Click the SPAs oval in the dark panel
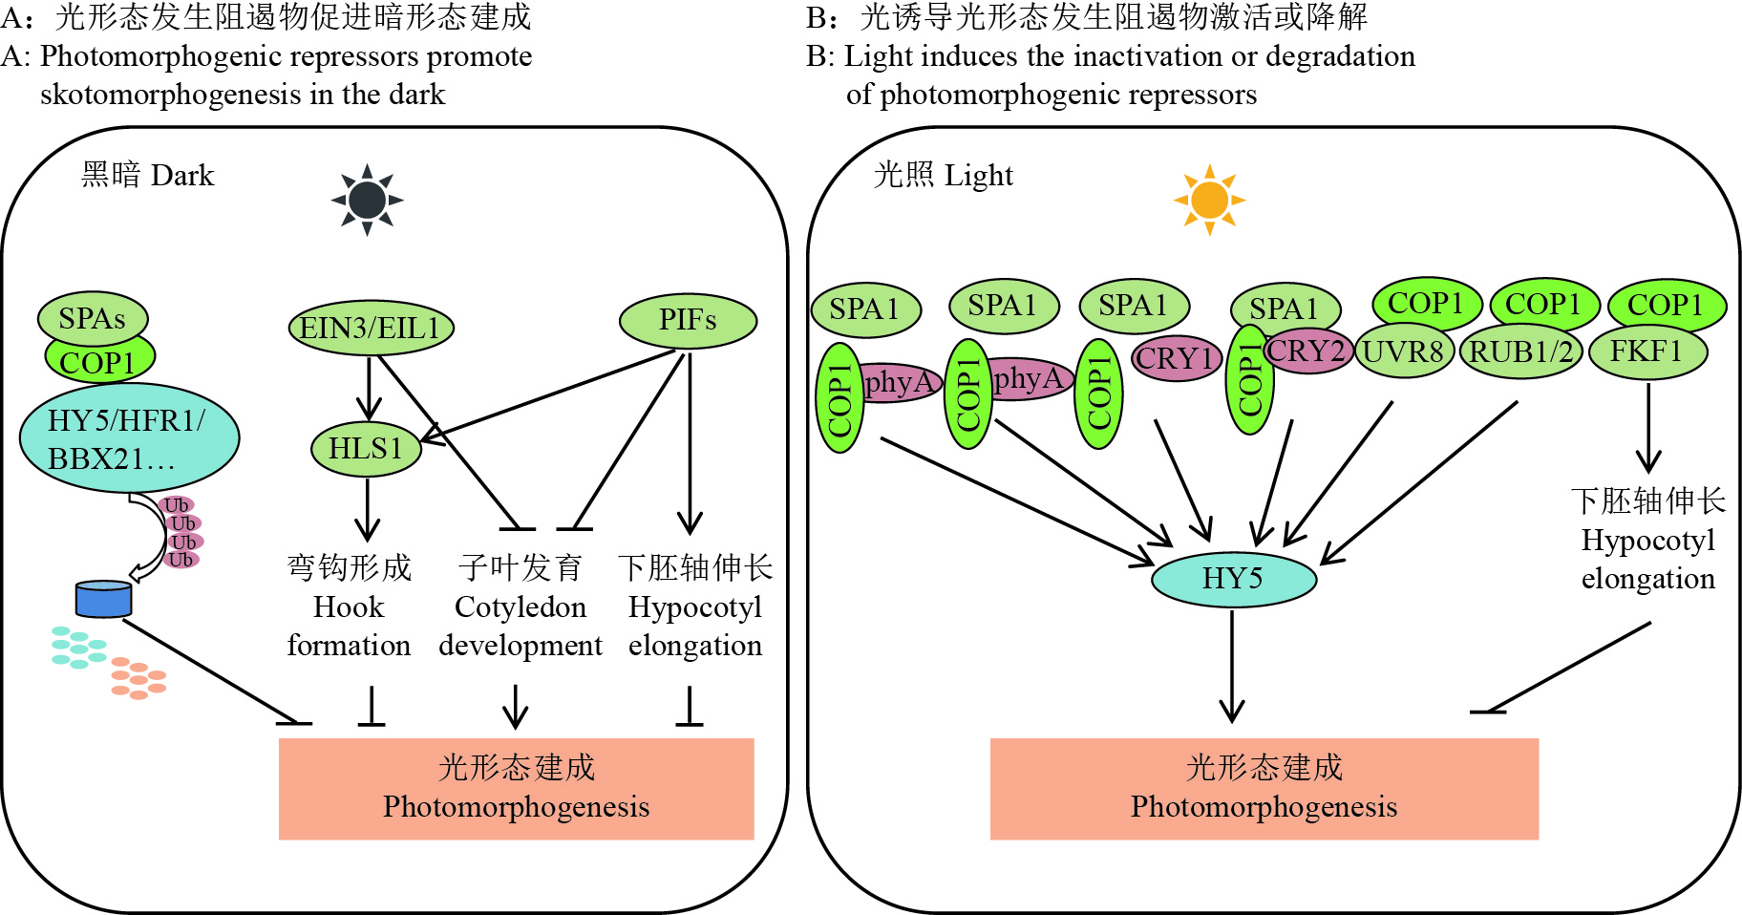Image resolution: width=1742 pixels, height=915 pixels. point(93,318)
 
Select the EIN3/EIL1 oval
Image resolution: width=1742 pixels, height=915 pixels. point(371,328)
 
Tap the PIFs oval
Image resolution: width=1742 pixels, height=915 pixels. point(688,320)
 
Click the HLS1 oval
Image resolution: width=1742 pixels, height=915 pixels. point(366,448)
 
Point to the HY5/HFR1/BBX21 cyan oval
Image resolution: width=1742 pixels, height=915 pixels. point(129,439)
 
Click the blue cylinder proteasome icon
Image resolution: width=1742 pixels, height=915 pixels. point(103,599)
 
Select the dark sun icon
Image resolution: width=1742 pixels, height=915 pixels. point(368,200)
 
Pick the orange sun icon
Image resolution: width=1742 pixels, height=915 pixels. point(1209,200)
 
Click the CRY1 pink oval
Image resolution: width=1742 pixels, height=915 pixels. point(1178,358)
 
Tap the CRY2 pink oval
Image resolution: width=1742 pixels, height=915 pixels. point(1307,351)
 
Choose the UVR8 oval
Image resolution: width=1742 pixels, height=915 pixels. point(1403,351)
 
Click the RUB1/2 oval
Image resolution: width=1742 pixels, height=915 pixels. point(1520,351)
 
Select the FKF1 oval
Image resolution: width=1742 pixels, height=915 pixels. point(1647,351)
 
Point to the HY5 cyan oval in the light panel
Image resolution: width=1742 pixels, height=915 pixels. point(1233,578)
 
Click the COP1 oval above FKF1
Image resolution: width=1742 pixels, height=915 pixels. point(1667,305)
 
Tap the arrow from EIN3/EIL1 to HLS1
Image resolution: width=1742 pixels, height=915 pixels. point(369,388)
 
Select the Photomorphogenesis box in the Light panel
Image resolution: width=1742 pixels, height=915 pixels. point(1264,788)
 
